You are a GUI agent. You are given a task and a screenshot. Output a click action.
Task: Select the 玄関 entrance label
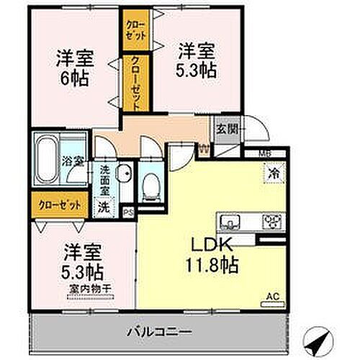click(222, 131)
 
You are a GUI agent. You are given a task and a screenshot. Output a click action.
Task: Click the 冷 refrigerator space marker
click(274, 174)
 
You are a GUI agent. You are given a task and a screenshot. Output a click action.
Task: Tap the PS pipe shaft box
click(128, 212)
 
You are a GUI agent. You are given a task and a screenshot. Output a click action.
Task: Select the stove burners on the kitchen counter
click(272, 220)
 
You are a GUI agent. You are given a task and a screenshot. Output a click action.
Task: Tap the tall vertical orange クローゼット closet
click(135, 82)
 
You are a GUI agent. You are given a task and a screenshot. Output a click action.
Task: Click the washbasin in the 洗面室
click(124, 173)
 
